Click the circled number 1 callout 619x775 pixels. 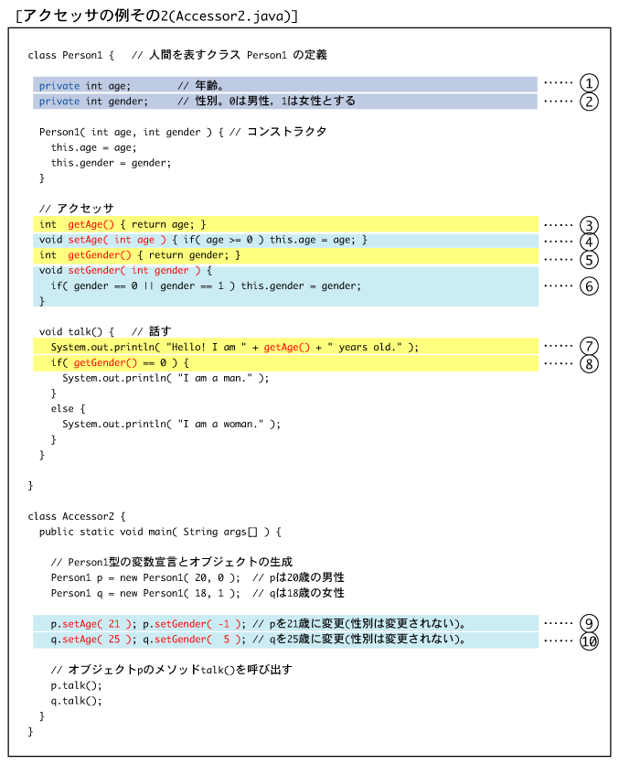[589, 83]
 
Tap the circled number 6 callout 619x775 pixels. [589, 286]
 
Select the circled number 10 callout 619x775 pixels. [589, 641]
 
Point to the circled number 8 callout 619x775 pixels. [589, 364]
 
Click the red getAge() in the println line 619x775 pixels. [286, 347]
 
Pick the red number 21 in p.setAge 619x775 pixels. [114, 624]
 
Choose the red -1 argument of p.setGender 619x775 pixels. [224, 624]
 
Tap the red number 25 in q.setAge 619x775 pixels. [114, 639]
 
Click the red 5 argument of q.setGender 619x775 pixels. [226, 639]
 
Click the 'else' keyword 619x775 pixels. [62, 409]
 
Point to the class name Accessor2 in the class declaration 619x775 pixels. [88, 516]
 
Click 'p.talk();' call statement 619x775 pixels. [76, 685]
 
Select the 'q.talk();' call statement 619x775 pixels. [76, 701]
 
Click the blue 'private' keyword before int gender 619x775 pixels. [59, 102]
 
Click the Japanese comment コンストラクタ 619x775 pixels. [286, 132]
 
